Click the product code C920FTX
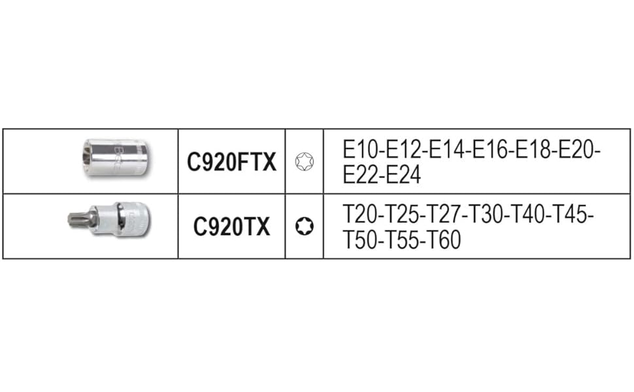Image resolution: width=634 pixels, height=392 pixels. [x=231, y=162]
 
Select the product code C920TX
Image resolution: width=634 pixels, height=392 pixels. [x=231, y=227]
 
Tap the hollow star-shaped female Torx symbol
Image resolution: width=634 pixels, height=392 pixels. [x=304, y=161]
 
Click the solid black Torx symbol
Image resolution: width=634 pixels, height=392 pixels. [x=304, y=227]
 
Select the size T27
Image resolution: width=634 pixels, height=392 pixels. [x=446, y=215]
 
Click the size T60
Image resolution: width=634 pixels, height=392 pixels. [x=444, y=240]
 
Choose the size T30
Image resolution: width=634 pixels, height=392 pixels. [x=488, y=215]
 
